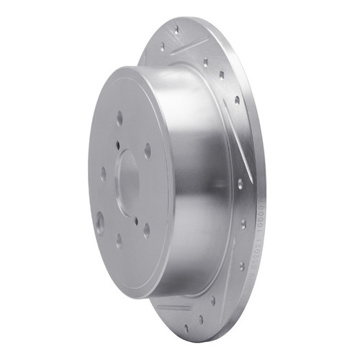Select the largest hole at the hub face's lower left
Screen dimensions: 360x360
[99, 221]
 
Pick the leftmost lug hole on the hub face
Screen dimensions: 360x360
[103, 173]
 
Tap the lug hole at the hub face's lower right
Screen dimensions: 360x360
[146, 230]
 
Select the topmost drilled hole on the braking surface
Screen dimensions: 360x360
[176, 30]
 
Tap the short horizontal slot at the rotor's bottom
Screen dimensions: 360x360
[174, 307]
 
